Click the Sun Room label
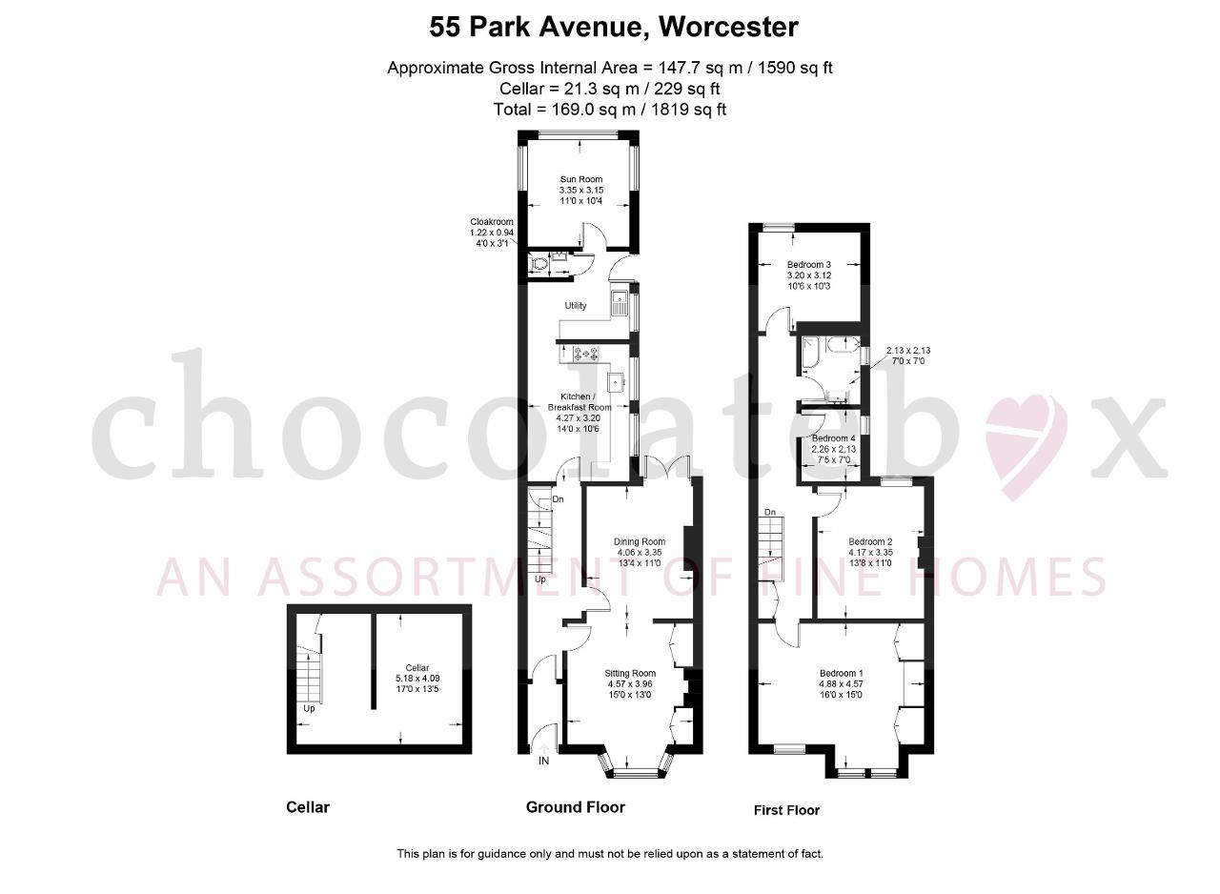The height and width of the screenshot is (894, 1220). click(581, 179)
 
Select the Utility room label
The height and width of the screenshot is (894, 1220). click(575, 305)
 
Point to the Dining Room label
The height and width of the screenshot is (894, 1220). click(640, 541)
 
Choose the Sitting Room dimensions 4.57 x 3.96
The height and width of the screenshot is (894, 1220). click(630, 683)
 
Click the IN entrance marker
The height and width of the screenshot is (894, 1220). click(543, 762)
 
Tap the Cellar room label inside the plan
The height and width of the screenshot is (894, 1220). click(417, 668)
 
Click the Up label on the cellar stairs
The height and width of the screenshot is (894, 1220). click(309, 709)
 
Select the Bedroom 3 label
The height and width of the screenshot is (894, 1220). click(809, 265)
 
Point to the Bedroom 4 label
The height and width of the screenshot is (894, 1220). click(833, 438)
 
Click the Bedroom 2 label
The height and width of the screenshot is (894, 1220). click(870, 541)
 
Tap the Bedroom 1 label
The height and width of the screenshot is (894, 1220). click(841, 674)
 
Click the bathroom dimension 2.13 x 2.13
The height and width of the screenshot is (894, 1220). click(908, 351)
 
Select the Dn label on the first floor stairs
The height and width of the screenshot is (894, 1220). click(769, 513)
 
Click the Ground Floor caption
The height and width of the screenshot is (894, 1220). click(575, 807)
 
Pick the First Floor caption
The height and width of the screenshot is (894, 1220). click(786, 811)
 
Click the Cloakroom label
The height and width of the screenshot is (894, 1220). click(491, 222)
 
